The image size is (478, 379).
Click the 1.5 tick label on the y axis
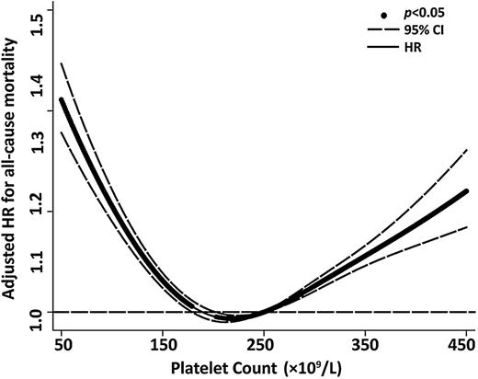36,15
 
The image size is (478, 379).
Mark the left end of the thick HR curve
61,99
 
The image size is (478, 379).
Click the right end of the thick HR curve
467,191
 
